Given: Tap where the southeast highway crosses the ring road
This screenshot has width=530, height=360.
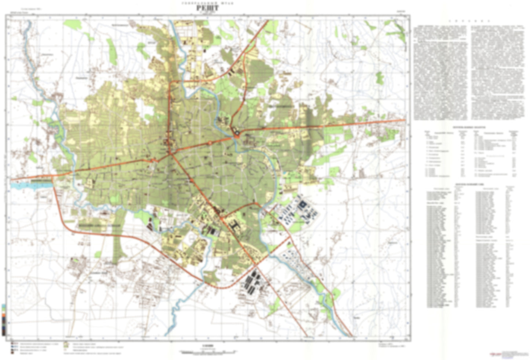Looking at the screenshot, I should coord(256,263).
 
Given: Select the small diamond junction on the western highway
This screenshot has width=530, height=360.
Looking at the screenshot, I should coord(154,159).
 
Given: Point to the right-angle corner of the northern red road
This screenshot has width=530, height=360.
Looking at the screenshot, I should coord(169,82).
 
